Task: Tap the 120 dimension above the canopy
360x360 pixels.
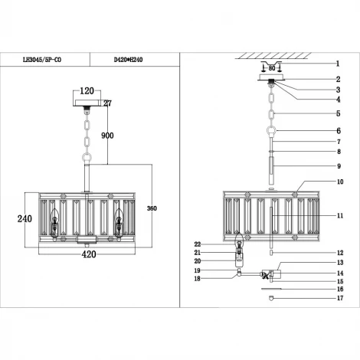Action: pyautogui.click(x=87, y=90)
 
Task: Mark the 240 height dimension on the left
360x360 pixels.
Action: pyautogui.click(x=25, y=218)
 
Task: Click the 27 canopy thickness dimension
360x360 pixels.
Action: pyautogui.click(x=107, y=102)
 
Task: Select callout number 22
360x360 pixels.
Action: pyautogui.click(x=197, y=244)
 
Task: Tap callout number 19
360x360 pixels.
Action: pyautogui.click(x=197, y=270)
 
